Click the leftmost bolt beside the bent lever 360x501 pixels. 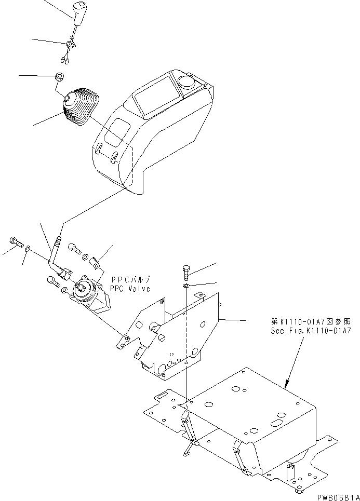(x=16, y=242)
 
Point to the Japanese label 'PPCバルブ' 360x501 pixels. (x=129, y=280)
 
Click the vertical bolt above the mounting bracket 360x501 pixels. (x=187, y=271)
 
